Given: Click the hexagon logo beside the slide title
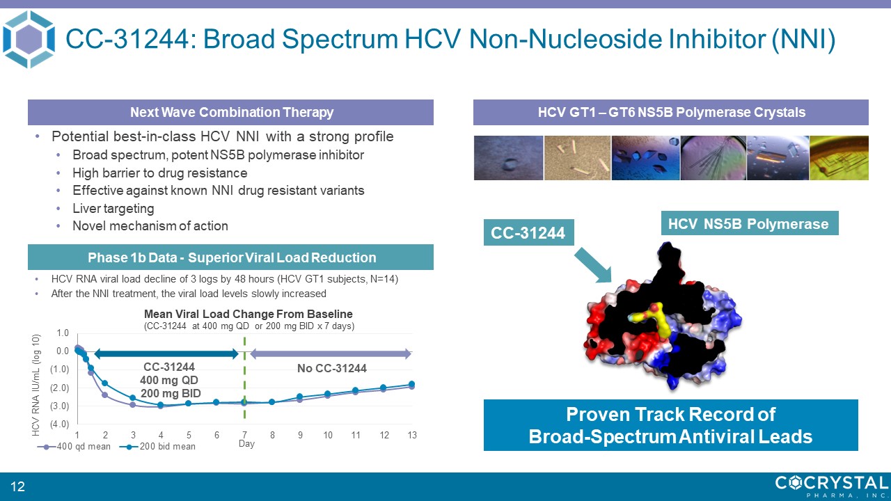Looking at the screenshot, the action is [29, 40].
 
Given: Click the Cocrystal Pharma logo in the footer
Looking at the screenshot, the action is [832, 486].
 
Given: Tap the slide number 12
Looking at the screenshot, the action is [17, 486].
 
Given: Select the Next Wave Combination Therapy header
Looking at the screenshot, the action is [230, 112].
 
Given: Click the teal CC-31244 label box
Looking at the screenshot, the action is [528, 232].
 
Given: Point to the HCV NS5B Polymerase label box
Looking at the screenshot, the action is [750, 223].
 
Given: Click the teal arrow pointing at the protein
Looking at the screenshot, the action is [593, 265].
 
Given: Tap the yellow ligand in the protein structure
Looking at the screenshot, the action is [652, 321].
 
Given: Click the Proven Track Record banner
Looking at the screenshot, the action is [670, 425].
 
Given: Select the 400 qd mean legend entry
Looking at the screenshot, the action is [74, 447].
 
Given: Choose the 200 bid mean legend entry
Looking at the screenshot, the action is [158, 447].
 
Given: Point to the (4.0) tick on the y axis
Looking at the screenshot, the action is [60, 424].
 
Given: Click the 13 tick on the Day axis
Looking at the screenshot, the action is [412, 435].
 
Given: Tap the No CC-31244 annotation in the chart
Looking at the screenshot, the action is [332, 368].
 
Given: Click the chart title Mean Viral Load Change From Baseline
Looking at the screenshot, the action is [249, 314].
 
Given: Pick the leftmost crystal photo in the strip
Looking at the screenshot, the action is [508, 158].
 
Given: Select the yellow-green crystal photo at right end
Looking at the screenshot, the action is [839, 158].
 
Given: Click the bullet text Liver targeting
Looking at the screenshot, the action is [113, 208].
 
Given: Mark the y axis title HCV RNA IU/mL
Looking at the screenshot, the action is [36, 385].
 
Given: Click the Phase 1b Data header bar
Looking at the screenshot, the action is [230, 257].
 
